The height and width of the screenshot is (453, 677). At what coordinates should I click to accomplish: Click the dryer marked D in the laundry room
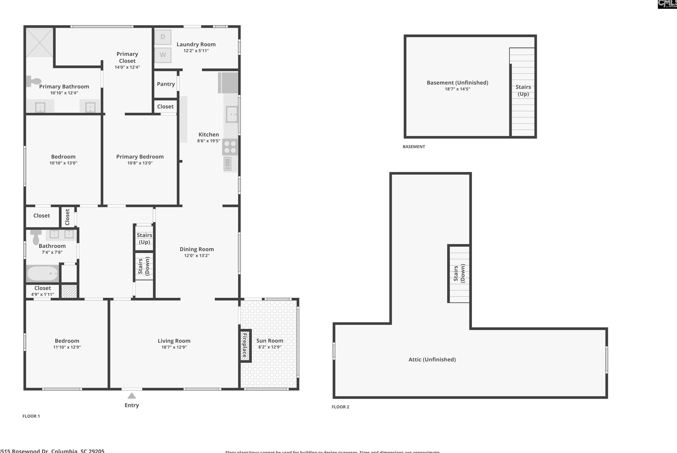coord(163,37)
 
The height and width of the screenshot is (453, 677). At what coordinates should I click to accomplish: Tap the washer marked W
coord(163,55)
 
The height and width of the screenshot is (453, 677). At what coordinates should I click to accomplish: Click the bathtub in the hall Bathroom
coord(42,273)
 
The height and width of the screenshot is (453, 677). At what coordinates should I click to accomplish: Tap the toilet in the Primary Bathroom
coord(34,81)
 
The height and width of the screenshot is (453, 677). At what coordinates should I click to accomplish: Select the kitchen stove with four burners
coord(230,147)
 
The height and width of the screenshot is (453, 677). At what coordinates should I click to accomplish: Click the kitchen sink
coord(232,114)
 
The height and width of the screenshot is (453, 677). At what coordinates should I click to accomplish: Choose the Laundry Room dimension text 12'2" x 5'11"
coord(196,51)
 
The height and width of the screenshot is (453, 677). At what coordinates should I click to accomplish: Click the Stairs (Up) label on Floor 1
coord(144,238)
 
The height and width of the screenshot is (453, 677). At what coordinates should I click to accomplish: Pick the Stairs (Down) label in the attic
coord(459,273)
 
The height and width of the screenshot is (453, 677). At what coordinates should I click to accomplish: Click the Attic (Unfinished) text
coord(432,360)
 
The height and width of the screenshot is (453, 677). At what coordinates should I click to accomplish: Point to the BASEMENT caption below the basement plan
coord(414,146)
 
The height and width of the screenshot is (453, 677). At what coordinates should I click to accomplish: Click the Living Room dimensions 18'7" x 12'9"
coord(174,347)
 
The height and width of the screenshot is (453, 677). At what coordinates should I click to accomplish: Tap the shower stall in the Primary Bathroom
coord(40,42)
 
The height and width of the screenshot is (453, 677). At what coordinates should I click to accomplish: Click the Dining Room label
coord(196,249)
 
